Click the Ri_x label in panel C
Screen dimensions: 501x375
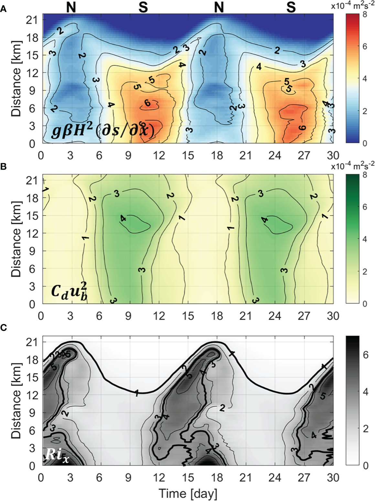(57, 455)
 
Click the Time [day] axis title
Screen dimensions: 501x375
(188, 494)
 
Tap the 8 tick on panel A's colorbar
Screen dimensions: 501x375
(365, 15)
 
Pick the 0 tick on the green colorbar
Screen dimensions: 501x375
(365, 304)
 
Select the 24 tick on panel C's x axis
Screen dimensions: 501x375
(275, 477)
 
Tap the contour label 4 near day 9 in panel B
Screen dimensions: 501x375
(123, 219)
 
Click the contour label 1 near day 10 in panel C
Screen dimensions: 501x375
(136, 393)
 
